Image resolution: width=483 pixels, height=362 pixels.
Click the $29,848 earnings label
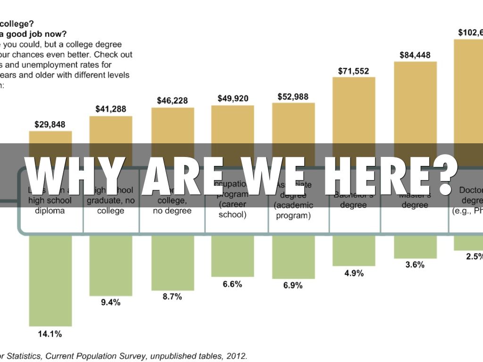click(50, 125)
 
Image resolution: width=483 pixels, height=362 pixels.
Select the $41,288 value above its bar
click(111, 109)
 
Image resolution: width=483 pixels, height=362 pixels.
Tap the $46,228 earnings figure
click(172, 101)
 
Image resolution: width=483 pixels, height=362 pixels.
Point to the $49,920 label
click(233, 99)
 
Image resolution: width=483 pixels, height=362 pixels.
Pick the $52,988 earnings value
click(293, 97)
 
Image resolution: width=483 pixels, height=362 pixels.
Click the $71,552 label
click(354, 71)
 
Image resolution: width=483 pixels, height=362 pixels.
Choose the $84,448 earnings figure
click(415, 55)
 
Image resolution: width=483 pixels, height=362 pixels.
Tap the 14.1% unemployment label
click(50, 334)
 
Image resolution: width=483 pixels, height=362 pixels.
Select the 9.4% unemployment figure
click(111, 303)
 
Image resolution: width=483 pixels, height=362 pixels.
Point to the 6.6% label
click(233, 284)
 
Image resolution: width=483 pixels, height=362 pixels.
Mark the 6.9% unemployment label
click(293, 286)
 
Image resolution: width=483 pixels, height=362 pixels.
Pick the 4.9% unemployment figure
click(354, 273)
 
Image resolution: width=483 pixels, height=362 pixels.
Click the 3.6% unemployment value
click(415, 265)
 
